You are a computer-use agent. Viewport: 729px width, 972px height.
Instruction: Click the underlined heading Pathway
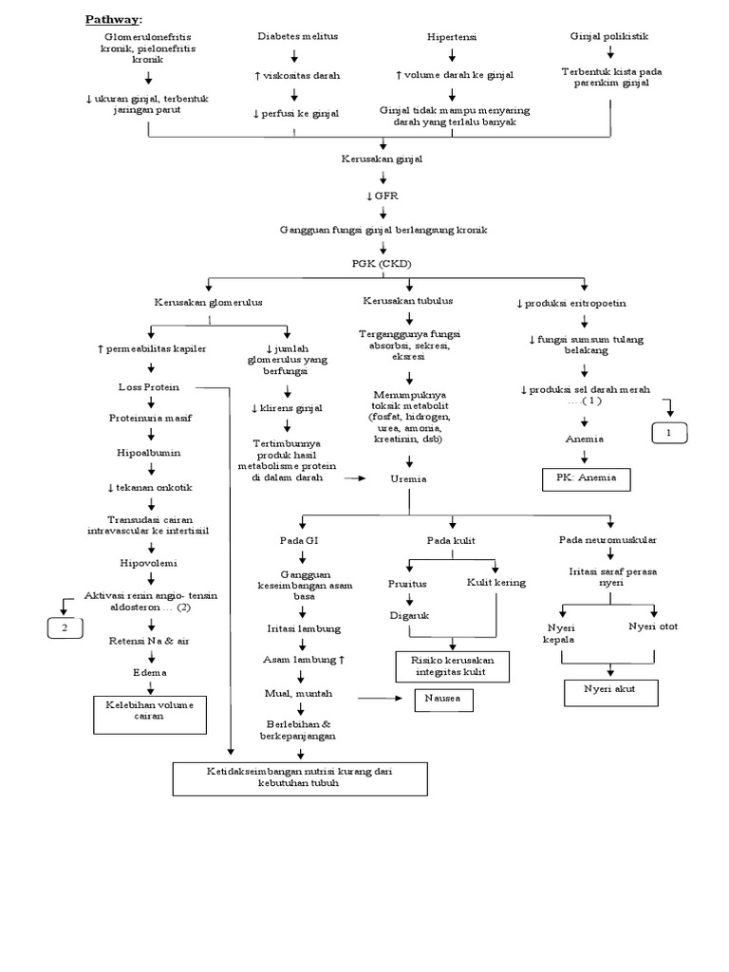point(113,19)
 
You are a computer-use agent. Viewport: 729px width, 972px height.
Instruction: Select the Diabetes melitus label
point(297,36)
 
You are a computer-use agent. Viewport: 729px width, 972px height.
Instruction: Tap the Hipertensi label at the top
point(451,37)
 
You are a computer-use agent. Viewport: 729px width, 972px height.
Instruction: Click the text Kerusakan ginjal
point(382,159)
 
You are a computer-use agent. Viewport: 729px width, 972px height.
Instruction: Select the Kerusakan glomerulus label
point(209,302)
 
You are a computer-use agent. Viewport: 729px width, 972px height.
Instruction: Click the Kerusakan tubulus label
point(408,301)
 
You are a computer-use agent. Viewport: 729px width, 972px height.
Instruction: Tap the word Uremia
point(407,479)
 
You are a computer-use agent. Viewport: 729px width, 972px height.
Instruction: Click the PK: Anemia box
point(586,478)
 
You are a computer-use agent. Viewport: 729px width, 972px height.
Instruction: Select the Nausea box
point(443,701)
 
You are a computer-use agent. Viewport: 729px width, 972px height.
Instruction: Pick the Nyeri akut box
point(611,693)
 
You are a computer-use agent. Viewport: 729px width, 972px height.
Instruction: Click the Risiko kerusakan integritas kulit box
point(451,666)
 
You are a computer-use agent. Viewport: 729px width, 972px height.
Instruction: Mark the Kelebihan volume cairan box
point(149,711)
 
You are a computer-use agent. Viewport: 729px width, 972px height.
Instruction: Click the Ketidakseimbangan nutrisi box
point(300,778)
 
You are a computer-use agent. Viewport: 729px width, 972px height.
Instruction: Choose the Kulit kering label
point(495,582)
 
